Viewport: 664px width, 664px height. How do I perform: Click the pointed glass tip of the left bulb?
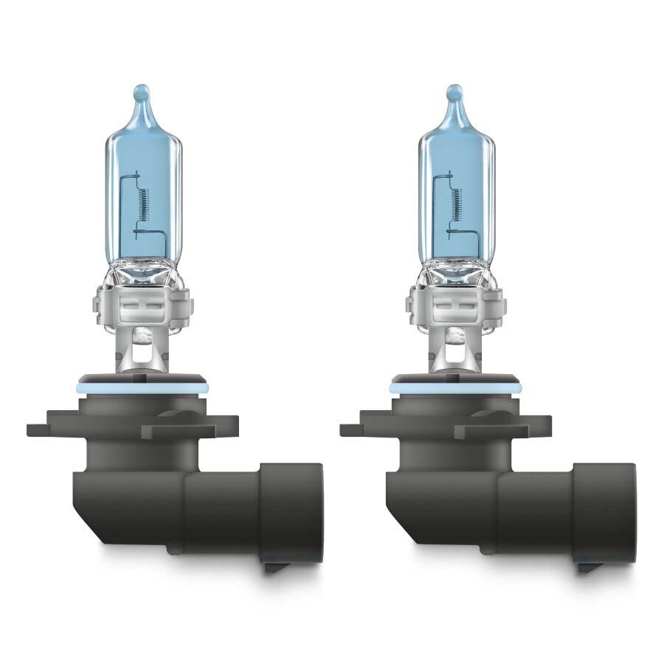[x=142, y=94]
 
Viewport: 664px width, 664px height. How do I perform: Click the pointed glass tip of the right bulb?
[x=455, y=94]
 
